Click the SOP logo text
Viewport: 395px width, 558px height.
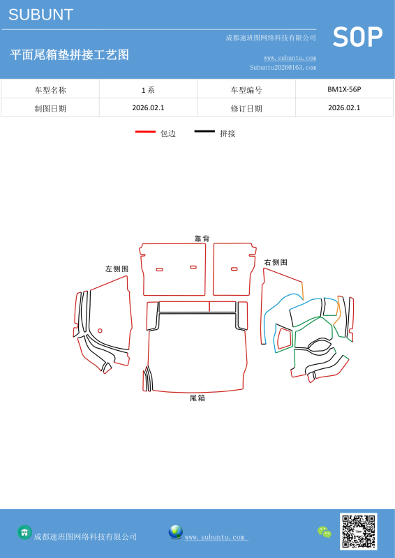click(x=357, y=37)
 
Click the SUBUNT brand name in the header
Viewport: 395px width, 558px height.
click(x=40, y=15)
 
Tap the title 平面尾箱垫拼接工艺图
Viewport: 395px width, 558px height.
click(x=69, y=55)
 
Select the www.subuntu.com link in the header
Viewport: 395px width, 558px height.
click(x=290, y=58)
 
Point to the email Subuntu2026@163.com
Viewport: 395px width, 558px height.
click(x=283, y=67)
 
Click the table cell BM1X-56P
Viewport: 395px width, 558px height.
click(x=344, y=89)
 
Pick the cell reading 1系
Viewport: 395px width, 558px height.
click(x=148, y=90)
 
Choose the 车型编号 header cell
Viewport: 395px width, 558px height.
click(x=246, y=90)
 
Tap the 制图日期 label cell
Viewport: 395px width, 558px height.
click(x=50, y=108)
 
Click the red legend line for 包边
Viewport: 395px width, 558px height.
click(x=145, y=132)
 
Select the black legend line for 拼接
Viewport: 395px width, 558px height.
click(x=204, y=132)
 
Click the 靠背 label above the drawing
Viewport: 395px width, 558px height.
click(x=202, y=239)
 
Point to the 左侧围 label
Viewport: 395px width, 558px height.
click(x=117, y=269)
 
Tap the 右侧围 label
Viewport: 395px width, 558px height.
click(x=276, y=262)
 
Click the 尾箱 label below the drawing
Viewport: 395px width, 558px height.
click(x=197, y=398)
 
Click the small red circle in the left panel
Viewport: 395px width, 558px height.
click(x=100, y=331)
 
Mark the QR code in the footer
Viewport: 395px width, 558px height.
click(x=358, y=531)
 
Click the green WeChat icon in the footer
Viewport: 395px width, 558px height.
click(x=325, y=532)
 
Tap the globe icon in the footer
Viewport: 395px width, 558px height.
click(x=176, y=532)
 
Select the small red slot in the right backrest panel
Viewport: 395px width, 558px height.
click(x=234, y=269)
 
